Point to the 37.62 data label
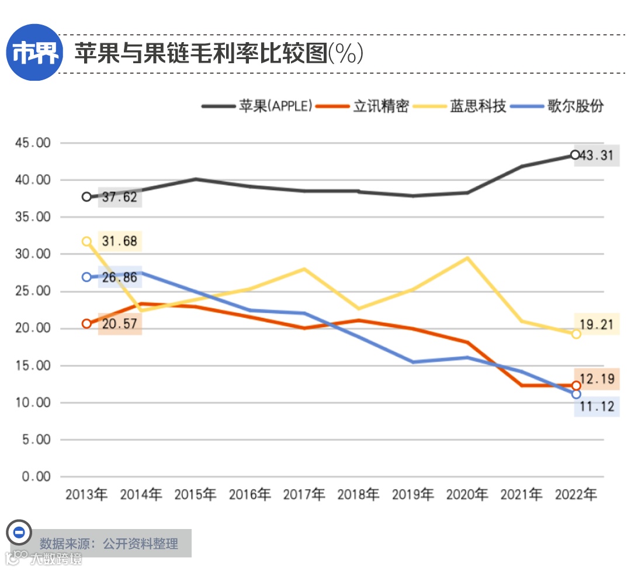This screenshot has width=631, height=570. coord(119,197)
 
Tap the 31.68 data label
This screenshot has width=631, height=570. coord(119,241)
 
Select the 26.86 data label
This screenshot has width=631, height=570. coord(119,277)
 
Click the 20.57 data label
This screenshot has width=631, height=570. coord(119,323)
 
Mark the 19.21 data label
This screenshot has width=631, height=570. coord(597,324)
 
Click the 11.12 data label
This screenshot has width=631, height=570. coord(597,406)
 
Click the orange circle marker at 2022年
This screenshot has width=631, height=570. coord(576,385)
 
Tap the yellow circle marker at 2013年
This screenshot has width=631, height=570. coord(87,241)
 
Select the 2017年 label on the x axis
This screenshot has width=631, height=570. coord(304,495)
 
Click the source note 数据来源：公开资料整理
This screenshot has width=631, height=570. coord(109,544)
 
